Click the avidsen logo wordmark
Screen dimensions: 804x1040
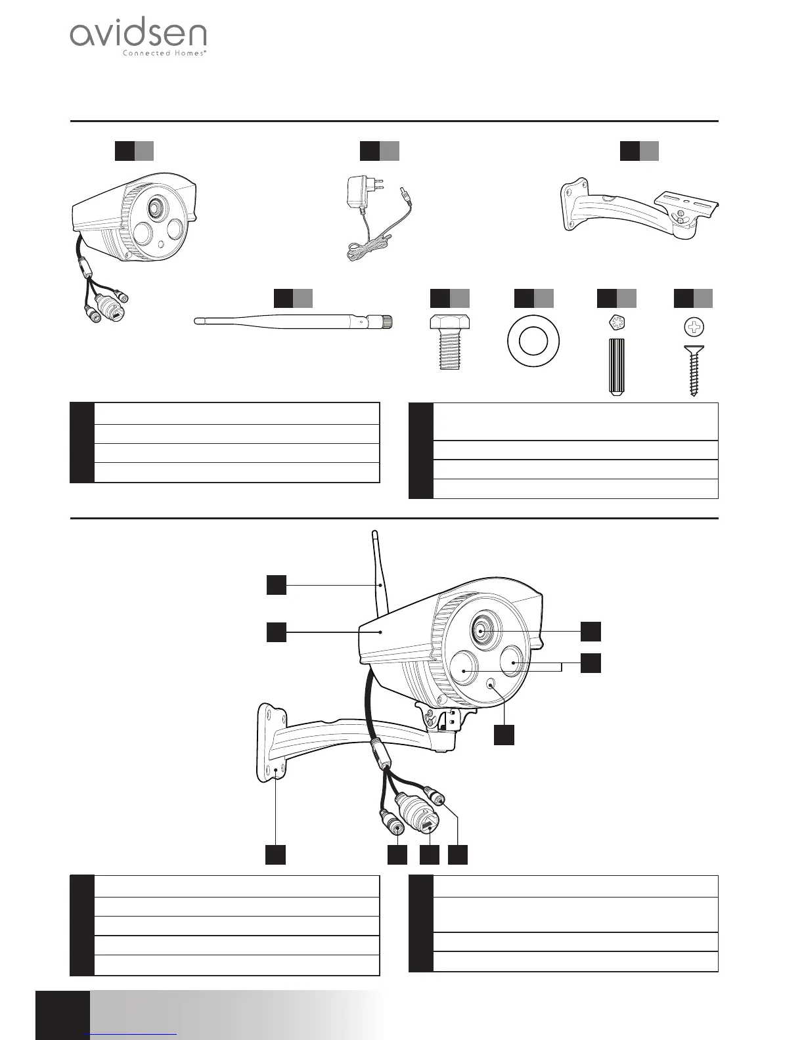pos(138,35)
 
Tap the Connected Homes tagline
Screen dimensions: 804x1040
pos(165,54)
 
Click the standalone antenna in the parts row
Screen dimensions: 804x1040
pos(293,322)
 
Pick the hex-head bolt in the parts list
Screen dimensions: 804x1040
pos(449,342)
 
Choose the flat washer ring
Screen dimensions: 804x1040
pos(533,341)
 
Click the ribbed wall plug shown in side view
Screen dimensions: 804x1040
pos(616,366)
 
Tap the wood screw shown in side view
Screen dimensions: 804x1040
pos(694,370)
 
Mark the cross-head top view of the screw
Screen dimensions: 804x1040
pos(694,325)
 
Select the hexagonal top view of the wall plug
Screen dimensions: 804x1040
pos(616,324)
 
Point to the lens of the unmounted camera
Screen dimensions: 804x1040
pos(156,207)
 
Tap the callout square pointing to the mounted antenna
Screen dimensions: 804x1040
pos(277,584)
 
